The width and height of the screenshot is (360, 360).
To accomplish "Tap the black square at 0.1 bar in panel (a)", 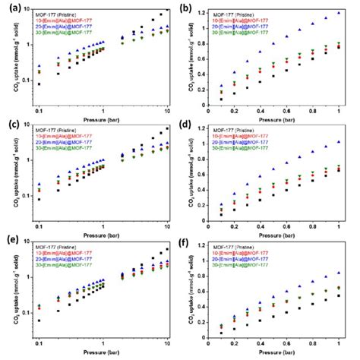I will tap(39, 84).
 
